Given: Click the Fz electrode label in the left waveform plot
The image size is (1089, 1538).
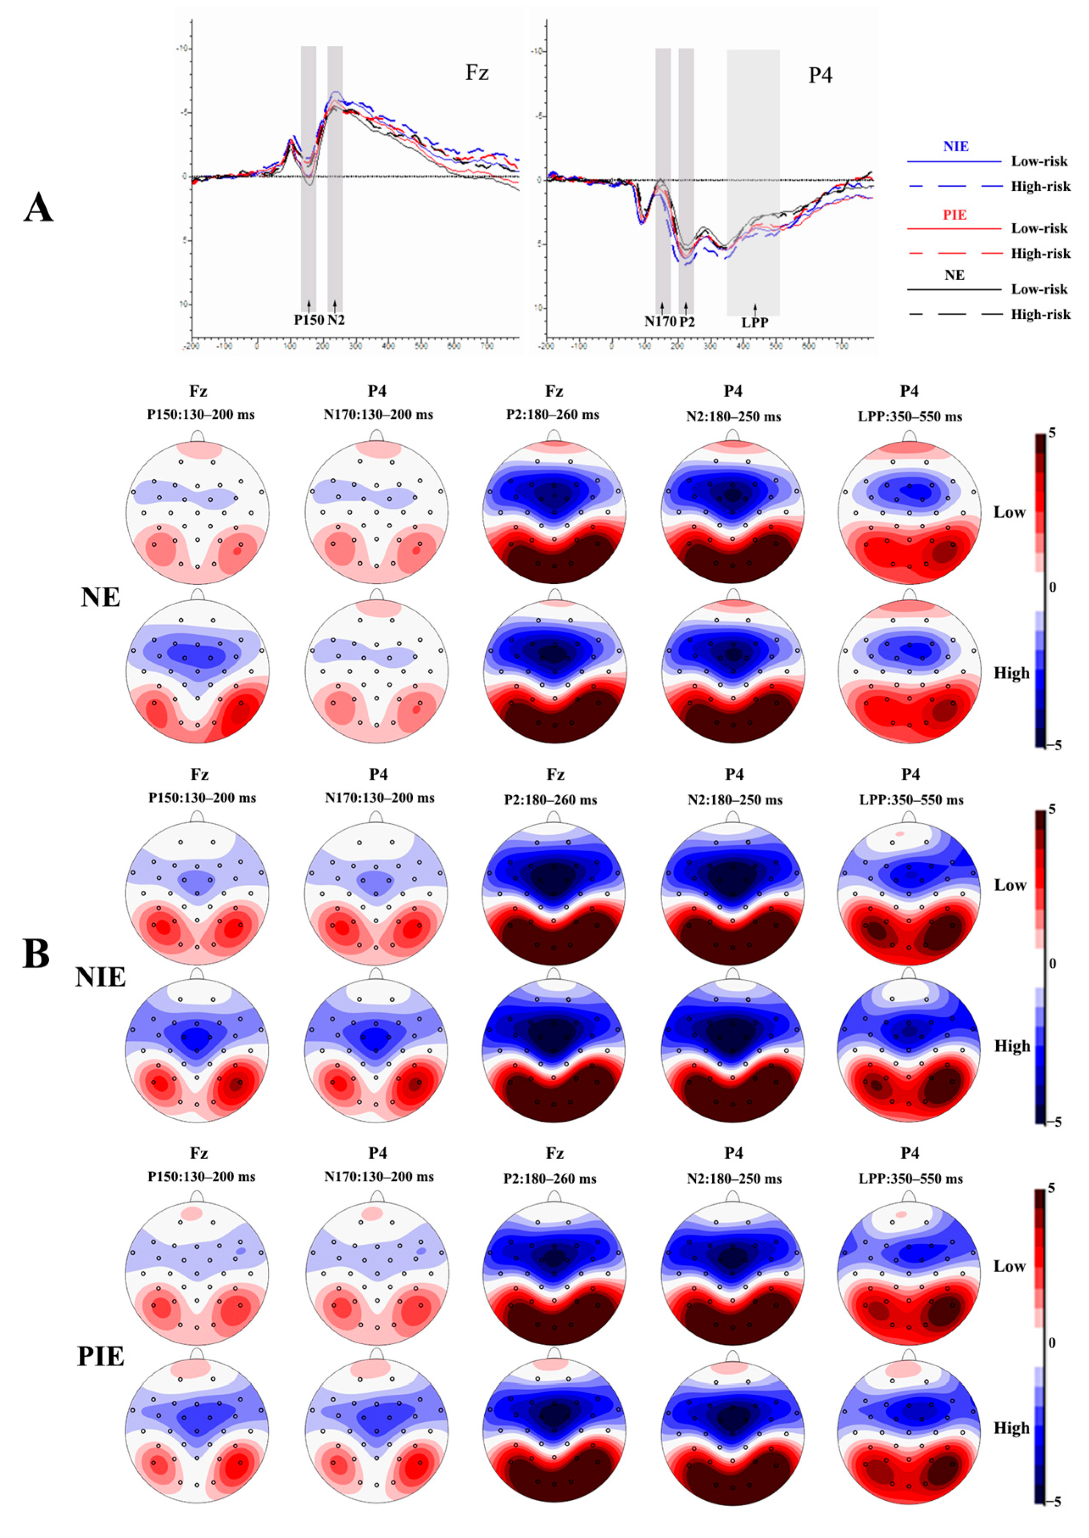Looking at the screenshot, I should click(x=477, y=72).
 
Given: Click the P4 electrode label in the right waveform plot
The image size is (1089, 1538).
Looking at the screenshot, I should click(x=820, y=75).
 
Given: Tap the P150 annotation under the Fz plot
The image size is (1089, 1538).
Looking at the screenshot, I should click(x=308, y=320).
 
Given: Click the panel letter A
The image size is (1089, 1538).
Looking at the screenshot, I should click(x=38, y=208).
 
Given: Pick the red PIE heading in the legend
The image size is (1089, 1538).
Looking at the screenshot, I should click(x=954, y=215).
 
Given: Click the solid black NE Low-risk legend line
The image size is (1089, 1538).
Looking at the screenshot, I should click(x=953, y=290).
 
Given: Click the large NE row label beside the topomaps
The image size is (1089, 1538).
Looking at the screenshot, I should click(x=100, y=597).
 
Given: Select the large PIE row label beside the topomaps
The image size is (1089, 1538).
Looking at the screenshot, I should click(x=100, y=1356).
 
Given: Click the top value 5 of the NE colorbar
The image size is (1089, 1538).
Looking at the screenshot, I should click(x=1051, y=433).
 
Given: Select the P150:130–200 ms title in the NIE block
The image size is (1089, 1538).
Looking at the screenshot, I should click(x=202, y=798).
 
